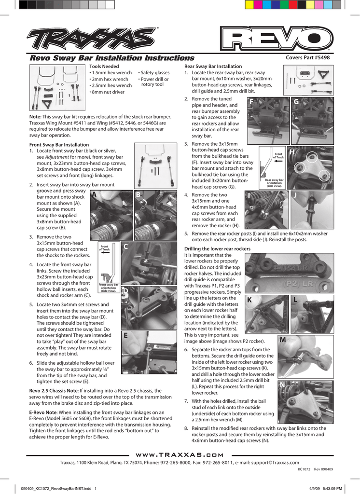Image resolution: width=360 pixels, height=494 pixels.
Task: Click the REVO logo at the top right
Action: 277,39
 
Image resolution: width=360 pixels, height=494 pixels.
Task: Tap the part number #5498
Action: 321,58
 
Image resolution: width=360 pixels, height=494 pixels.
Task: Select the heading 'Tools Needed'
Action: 104,67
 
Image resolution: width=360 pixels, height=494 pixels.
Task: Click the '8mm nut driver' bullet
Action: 107,92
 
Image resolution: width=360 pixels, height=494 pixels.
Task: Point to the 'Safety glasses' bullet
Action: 154,73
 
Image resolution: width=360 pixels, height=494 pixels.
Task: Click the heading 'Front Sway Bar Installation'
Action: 59,145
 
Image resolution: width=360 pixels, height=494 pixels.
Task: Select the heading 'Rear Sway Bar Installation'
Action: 213,67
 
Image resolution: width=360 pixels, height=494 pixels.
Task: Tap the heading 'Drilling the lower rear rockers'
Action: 218,249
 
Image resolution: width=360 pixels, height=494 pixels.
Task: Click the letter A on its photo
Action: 94,195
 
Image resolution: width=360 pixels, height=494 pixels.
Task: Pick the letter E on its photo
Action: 125,336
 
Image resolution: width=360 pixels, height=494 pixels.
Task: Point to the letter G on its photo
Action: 296,102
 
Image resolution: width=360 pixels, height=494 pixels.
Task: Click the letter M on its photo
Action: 283,340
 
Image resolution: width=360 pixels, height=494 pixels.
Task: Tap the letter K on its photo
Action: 249,300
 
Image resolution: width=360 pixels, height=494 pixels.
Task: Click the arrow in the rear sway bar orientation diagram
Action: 278,161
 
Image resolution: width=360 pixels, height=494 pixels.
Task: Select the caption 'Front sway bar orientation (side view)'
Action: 109,288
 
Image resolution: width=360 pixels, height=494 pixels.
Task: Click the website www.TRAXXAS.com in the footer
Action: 180,455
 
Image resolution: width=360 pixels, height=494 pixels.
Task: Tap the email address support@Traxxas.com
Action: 275,463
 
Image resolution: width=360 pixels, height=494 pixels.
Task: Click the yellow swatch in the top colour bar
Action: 249,4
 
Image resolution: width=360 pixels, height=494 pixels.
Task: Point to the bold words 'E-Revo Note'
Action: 43,412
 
